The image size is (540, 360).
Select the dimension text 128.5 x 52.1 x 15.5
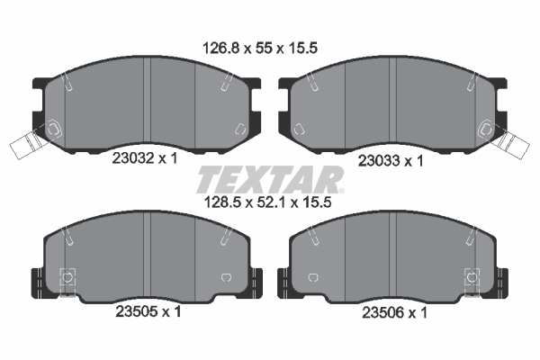tap(270, 203)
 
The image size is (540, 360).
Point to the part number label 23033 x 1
tap(391, 162)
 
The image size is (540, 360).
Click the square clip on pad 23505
tap(65, 278)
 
